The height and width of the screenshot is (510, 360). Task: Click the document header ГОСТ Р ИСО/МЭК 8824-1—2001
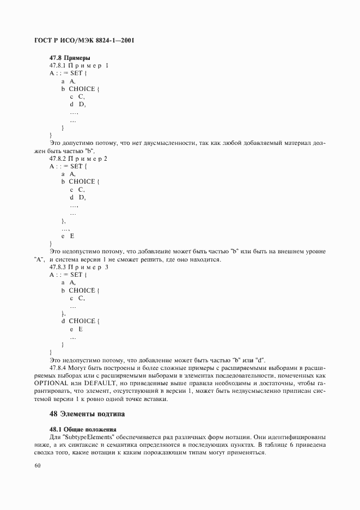[84, 41]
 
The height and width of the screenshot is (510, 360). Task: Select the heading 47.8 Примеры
[69, 57]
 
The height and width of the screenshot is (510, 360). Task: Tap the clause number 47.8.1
[57, 65]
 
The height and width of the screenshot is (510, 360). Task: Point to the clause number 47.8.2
[57, 158]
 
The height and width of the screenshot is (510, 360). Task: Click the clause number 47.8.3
[57, 268]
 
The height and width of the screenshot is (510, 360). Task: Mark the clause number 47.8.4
[57, 367]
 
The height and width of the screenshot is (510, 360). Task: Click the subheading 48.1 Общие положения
[83, 429]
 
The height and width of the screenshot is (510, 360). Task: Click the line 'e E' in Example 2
[68, 236]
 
